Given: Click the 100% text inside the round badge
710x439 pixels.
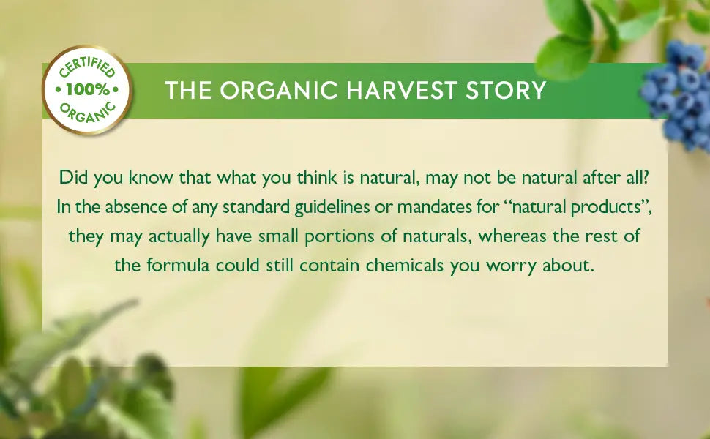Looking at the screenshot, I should click(x=87, y=90).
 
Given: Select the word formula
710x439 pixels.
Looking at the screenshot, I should click(x=176, y=266).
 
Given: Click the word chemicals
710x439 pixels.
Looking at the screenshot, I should click(x=405, y=266).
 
